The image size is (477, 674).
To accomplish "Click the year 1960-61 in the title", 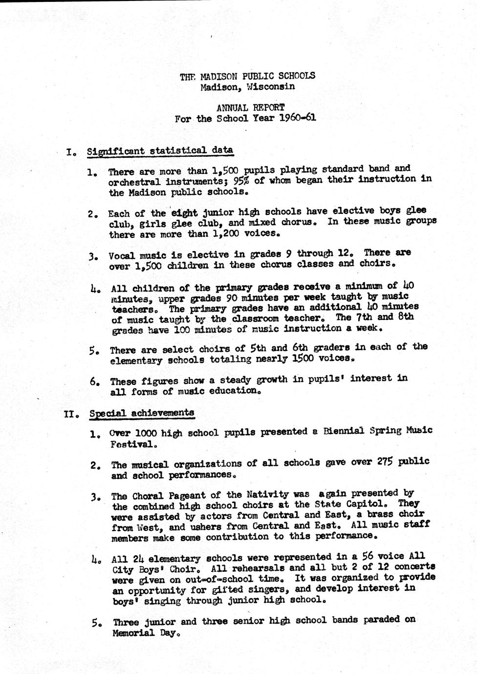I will click(298, 118).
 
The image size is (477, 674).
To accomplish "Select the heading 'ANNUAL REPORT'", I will click(250, 107).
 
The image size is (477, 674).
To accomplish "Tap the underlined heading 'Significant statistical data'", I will click(160, 150).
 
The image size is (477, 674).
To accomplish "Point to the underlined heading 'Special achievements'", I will click(142, 413).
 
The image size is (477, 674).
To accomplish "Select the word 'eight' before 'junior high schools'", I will click(184, 213).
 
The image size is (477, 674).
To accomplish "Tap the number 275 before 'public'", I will click(389, 462).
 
